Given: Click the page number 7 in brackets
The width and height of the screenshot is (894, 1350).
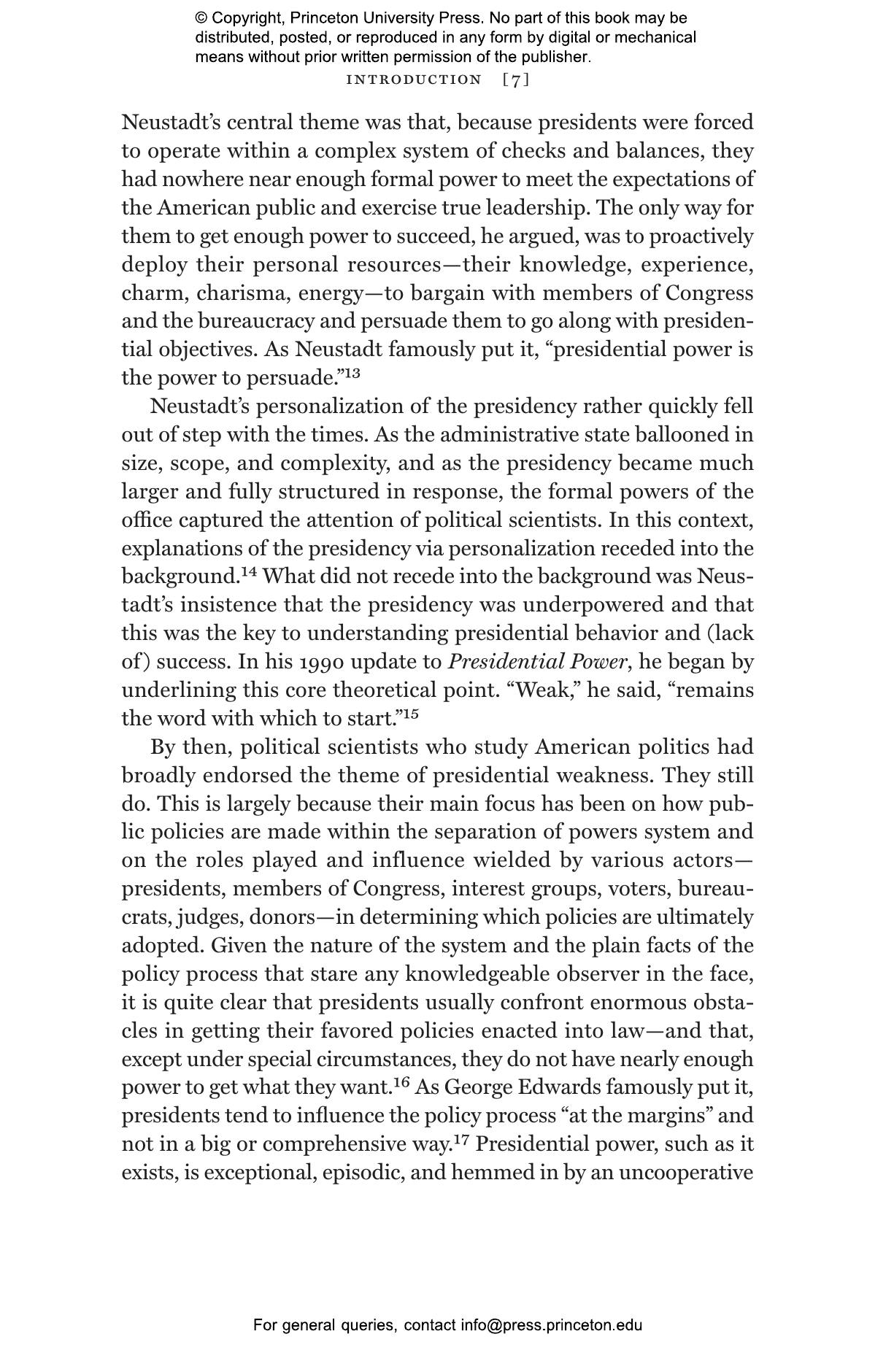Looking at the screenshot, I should [516, 80].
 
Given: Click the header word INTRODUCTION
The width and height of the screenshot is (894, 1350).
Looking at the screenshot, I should [414, 80].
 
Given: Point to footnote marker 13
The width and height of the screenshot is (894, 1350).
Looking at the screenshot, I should [352, 374].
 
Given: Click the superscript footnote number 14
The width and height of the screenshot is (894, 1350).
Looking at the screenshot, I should [249, 571].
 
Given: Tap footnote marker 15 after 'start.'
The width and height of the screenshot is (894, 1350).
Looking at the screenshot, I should [410, 714].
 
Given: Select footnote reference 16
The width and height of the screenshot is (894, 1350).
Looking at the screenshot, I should [402, 1082].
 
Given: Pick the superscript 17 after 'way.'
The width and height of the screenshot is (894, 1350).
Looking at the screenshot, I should [462, 1139].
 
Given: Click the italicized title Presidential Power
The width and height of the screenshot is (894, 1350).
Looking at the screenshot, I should [536, 663].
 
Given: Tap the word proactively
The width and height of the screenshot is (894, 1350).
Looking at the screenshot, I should [701, 236].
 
